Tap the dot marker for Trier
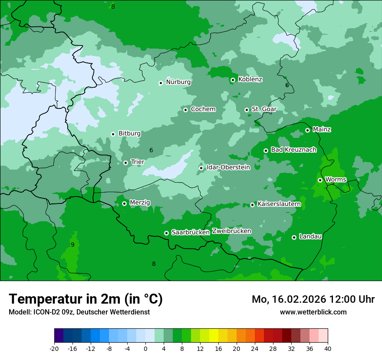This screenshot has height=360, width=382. pyautogui.click(x=126, y=163)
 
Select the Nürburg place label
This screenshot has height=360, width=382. pyautogui.click(x=178, y=82)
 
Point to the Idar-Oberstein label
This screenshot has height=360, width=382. pyautogui.click(x=228, y=167)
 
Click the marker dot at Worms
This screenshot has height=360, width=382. pyautogui.click(x=320, y=180)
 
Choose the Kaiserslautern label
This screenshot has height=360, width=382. pyautogui.click(x=279, y=204)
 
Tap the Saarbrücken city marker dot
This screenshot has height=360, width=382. pyautogui.click(x=166, y=233)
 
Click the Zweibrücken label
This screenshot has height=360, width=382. pyautogui.click(x=231, y=231)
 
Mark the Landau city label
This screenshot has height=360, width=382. pyautogui.click(x=310, y=236)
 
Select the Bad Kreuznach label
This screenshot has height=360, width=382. pyautogui.click(x=293, y=150)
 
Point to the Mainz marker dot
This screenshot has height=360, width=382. pyautogui.click(x=307, y=130)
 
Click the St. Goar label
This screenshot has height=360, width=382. pyautogui.click(x=264, y=109)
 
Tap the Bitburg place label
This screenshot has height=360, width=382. pyautogui.click(x=129, y=134)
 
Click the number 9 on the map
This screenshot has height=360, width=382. pyautogui.click(x=72, y=245)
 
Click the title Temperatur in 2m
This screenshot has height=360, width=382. pyautogui.click(x=86, y=299)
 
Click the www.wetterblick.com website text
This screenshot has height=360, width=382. pyautogui.click(x=313, y=312)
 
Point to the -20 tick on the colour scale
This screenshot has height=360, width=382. pyautogui.click(x=54, y=348)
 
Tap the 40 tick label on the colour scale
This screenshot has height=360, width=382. pyautogui.click(x=328, y=348)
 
